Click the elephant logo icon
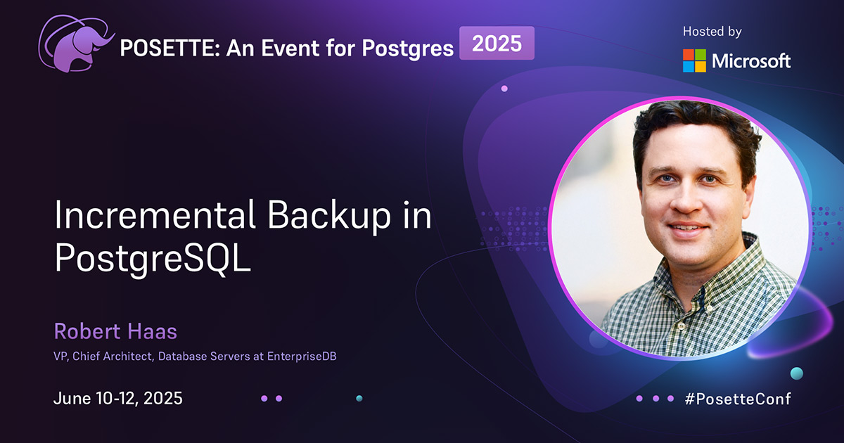pos(76,44)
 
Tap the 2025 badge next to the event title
pos(497,44)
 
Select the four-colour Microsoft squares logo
pos(694,60)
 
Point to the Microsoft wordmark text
pos(751,61)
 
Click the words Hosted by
pos(712,32)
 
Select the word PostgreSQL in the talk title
pos(153,259)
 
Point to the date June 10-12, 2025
pos(118,398)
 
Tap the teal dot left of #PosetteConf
pos(796,373)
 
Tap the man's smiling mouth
pos(688,229)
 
